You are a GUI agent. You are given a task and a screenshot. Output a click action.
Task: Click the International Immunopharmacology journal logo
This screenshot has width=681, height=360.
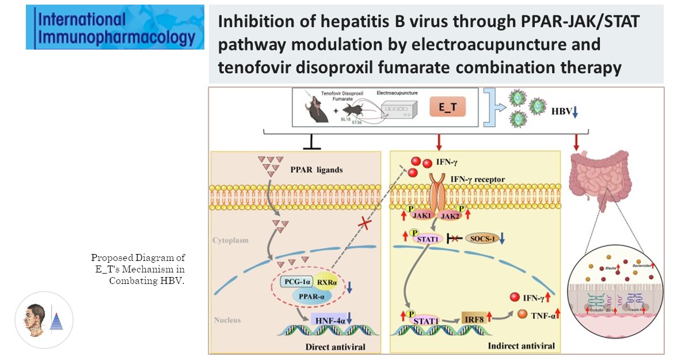point(115,26)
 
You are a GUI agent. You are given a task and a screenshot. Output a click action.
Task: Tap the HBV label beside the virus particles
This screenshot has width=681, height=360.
point(562,111)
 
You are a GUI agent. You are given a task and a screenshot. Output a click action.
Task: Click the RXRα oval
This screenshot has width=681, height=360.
point(327,281)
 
